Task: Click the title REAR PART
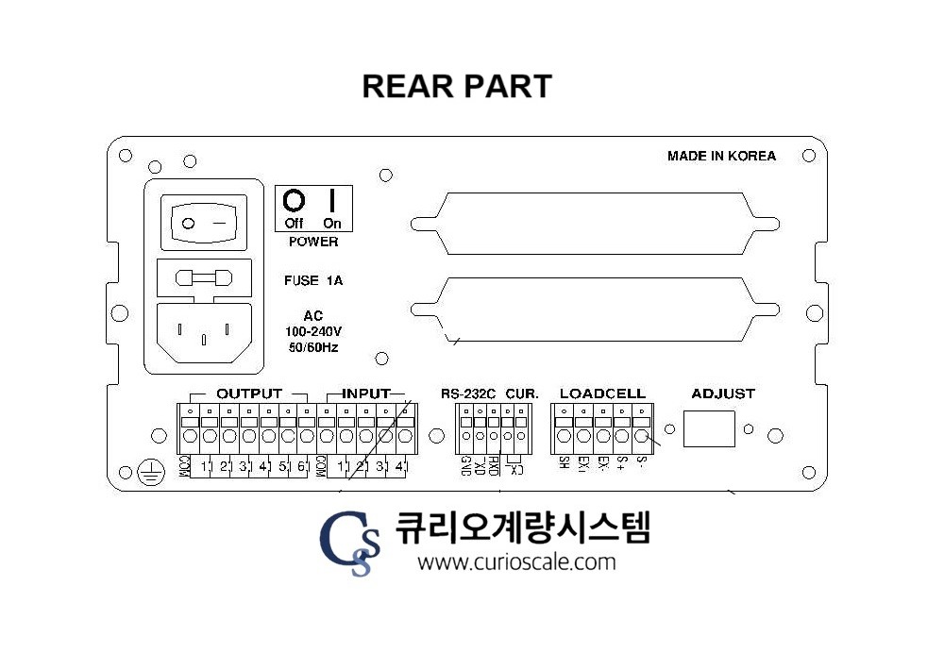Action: pyautogui.click(x=457, y=86)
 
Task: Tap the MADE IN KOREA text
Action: pyautogui.click(x=721, y=156)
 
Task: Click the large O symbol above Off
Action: pyautogui.click(x=295, y=200)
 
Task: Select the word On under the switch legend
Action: pyautogui.click(x=332, y=224)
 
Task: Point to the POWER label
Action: pyautogui.click(x=313, y=242)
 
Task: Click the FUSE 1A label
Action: pyautogui.click(x=312, y=280)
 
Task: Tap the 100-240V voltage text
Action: pyautogui.click(x=313, y=331)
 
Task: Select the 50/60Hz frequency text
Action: pyautogui.click(x=313, y=347)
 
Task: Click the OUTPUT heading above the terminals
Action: pyautogui.click(x=249, y=393)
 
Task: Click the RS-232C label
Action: pyautogui.click(x=467, y=394)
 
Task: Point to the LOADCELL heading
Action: pyautogui.click(x=602, y=394)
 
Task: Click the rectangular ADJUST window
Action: pyautogui.click(x=709, y=429)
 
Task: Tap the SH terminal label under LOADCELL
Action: pyautogui.click(x=564, y=462)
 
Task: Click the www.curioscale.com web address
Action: pyautogui.click(x=516, y=562)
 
